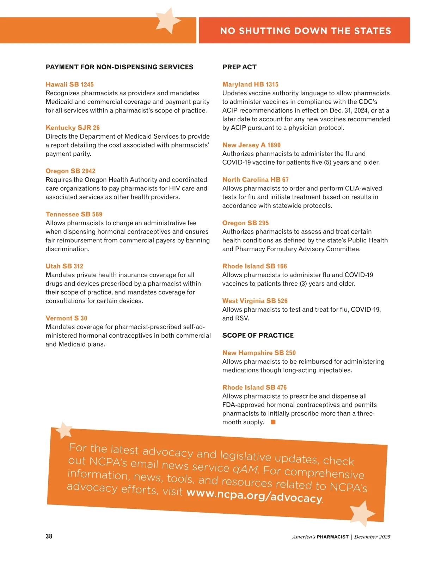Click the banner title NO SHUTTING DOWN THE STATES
click(x=305, y=31)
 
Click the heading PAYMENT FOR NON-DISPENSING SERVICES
click(x=119, y=67)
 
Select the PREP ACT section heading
click(x=239, y=67)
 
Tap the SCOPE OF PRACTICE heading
click(x=258, y=335)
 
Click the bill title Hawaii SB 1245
click(x=69, y=84)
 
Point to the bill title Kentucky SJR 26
click(x=73, y=128)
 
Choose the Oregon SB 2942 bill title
click(x=70, y=171)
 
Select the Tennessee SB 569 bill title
click(x=74, y=214)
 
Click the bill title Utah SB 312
click(x=64, y=266)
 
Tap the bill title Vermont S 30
click(x=66, y=318)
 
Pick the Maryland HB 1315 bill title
click(x=250, y=84)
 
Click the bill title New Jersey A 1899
click(x=251, y=145)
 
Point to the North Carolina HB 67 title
click(x=255, y=180)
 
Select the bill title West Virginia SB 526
click(x=255, y=301)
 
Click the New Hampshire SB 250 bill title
click(x=259, y=353)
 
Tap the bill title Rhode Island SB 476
click(x=254, y=387)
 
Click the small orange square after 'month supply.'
click(x=273, y=422)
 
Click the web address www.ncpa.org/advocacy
click(x=254, y=495)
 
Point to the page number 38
click(x=49, y=536)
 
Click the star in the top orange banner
click(x=167, y=21)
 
